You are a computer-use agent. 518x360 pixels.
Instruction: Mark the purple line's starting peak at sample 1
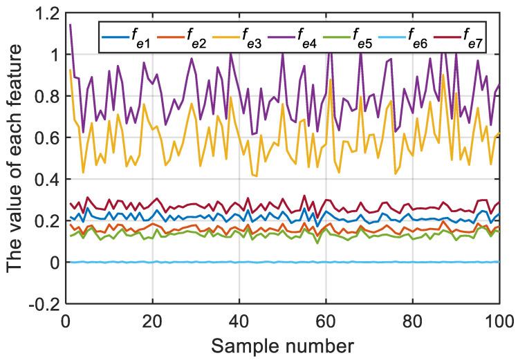tap(70, 25)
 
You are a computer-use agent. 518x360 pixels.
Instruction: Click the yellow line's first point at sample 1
tap(70, 70)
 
